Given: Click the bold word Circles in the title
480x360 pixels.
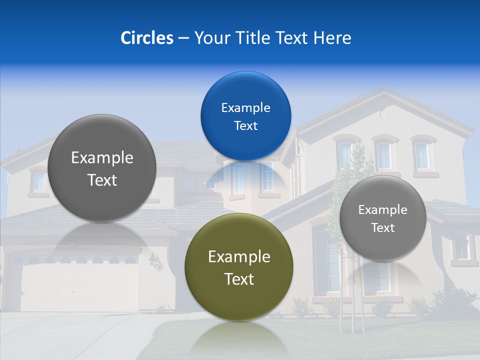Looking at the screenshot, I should tap(147, 38).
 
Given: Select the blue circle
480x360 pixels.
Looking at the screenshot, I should tap(245, 116).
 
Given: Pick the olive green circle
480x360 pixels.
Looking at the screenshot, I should tap(239, 267).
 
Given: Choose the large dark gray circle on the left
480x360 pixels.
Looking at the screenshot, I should tap(102, 168).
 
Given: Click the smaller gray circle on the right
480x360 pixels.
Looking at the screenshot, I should tap(382, 218).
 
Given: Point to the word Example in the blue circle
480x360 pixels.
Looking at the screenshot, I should tap(245, 107).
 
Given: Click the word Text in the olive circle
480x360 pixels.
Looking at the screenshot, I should tap(239, 279).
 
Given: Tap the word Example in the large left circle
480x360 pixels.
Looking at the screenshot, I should tap(102, 158).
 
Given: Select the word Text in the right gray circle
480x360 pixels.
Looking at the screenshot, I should tap(382, 228).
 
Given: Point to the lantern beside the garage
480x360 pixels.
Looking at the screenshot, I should tap(156, 260).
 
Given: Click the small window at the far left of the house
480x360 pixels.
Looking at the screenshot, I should tap(39, 181).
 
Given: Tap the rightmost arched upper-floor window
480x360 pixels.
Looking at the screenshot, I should tap(422, 155).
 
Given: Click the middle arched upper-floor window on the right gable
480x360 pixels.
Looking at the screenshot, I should tap(384, 155).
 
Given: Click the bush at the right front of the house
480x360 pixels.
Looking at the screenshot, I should tap(452, 302).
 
